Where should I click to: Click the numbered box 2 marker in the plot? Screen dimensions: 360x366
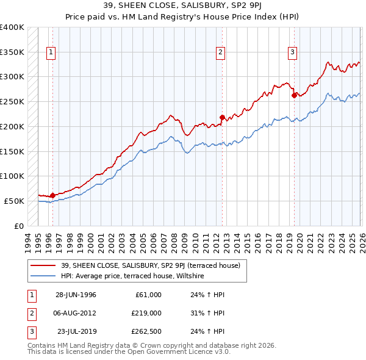220,52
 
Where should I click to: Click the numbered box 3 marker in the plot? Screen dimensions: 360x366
292,52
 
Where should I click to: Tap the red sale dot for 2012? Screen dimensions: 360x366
223,117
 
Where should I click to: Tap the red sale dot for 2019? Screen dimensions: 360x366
294,95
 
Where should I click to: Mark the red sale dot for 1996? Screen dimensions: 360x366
52,195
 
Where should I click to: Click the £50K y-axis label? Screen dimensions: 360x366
14,201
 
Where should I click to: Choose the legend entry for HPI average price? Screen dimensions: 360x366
135,276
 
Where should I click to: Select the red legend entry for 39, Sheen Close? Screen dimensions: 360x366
152,265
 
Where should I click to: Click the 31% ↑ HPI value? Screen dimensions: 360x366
207,313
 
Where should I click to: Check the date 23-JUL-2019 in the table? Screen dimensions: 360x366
76,331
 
